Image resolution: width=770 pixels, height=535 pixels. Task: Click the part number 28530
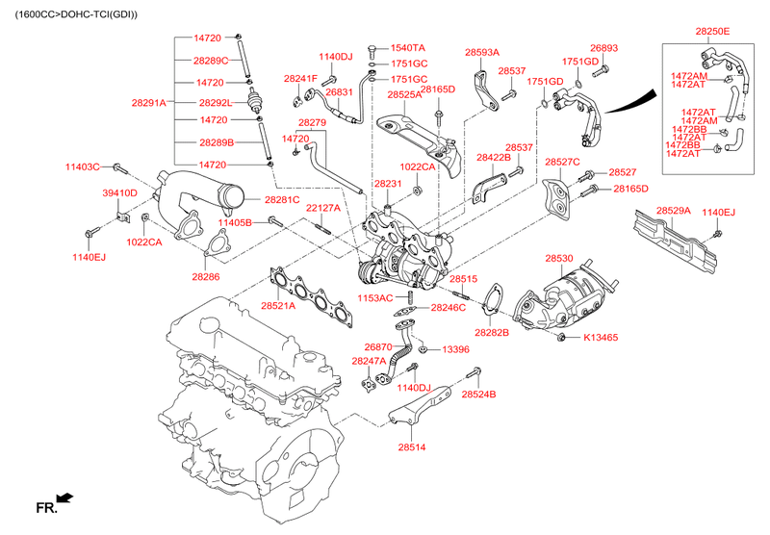558,259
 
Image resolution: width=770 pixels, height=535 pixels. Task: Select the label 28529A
673,210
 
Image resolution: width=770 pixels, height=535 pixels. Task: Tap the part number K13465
601,338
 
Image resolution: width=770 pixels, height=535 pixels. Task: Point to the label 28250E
713,32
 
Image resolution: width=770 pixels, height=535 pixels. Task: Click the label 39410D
119,193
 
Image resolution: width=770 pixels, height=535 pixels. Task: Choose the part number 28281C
282,199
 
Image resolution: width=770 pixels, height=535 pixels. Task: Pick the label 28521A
278,306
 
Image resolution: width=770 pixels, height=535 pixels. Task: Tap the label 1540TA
408,47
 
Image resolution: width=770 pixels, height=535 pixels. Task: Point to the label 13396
455,349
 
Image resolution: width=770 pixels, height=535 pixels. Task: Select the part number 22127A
323,208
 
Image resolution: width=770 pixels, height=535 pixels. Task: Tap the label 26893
603,47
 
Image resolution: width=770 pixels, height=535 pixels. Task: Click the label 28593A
481,53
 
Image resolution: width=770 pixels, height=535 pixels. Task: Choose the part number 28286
205,277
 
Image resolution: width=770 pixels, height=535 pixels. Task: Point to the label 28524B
478,395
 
